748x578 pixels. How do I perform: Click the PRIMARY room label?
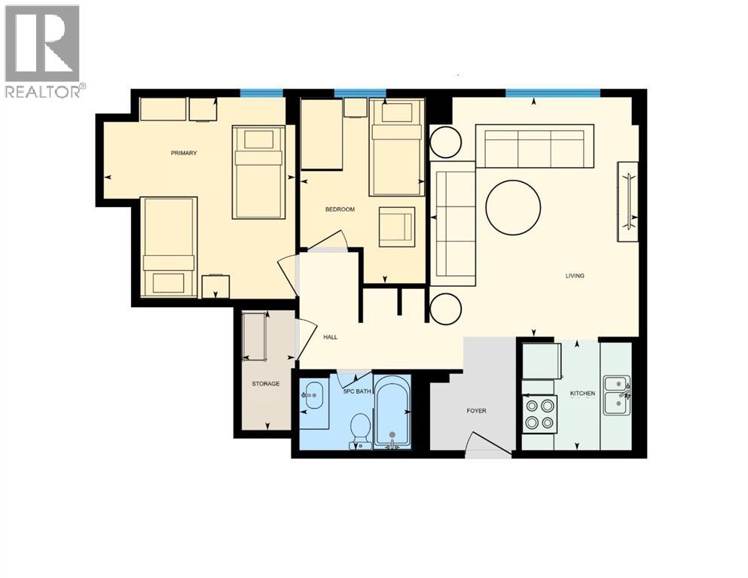pos(184,154)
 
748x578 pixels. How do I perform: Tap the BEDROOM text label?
pos(340,209)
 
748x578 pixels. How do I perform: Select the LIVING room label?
pos(575,275)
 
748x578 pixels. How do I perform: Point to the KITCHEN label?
pos(582,394)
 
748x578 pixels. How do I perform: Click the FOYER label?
pos(476,411)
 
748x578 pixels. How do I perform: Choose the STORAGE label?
pos(265,384)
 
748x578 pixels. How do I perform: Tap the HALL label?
pos(330,337)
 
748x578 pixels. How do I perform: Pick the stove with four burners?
pos(539,413)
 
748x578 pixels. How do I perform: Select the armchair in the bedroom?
pos(396,227)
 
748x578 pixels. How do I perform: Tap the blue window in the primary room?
pos(261,93)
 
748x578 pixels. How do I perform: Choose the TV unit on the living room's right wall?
pos(627,202)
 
